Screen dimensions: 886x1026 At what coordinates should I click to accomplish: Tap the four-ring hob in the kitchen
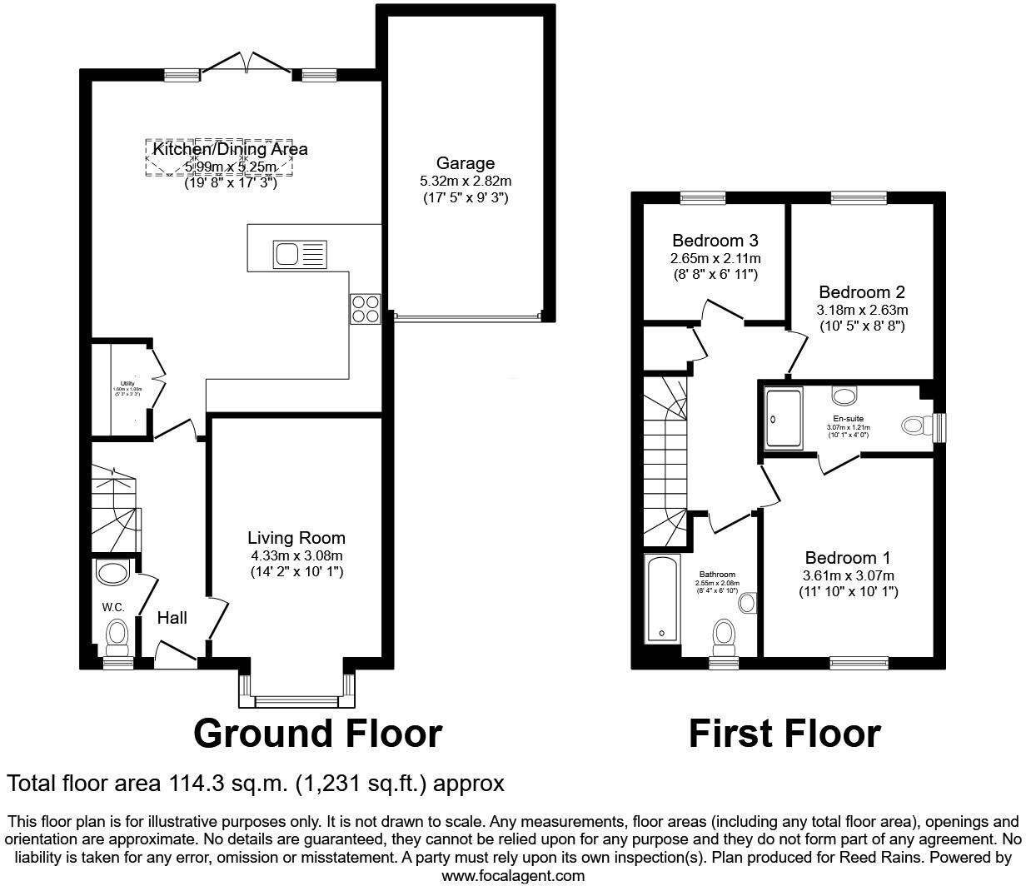365,309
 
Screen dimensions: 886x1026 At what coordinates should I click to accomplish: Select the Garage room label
465,163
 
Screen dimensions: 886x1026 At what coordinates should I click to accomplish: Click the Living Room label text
296,538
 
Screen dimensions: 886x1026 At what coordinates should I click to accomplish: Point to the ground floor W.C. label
113,607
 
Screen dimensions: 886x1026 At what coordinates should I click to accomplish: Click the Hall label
172,618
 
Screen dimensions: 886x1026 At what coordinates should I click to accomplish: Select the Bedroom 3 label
715,241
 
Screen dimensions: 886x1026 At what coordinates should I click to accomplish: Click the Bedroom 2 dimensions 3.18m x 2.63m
861,310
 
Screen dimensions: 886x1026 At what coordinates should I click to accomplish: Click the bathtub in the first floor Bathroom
663,599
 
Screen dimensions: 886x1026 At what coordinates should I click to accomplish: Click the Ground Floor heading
317,734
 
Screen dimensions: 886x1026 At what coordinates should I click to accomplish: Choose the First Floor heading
784,734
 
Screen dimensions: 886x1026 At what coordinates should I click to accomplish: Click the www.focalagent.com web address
512,876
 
